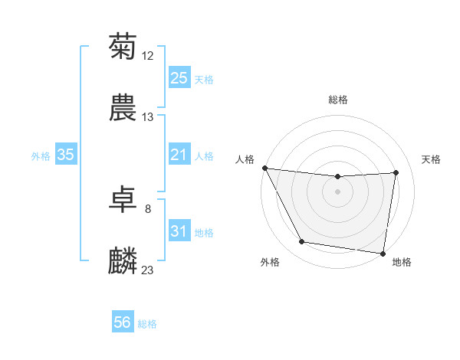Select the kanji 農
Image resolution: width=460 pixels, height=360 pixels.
click(x=123, y=109)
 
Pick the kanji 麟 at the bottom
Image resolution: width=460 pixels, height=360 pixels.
click(x=123, y=261)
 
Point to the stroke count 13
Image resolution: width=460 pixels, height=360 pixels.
click(x=148, y=117)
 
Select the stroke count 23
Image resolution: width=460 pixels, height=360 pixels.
click(x=148, y=270)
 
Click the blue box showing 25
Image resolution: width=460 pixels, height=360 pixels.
click(x=179, y=78)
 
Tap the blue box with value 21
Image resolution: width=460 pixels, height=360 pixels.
click(x=179, y=155)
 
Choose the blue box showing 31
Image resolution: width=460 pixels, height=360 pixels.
click(x=179, y=231)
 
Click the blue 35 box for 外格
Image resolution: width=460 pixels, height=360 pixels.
click(x=65, y=155)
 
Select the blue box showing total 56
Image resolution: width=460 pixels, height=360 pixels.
click(x=122, y=323)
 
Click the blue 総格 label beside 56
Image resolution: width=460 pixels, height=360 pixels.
click(x=147, y=324)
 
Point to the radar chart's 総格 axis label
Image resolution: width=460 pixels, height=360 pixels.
click(x=338, y=100)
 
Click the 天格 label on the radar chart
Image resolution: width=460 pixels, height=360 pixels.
click(x=432, y=159)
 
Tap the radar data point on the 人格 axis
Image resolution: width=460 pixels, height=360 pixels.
click(x=264, y=168)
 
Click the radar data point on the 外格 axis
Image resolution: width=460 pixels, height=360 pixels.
click(x=301, y=243)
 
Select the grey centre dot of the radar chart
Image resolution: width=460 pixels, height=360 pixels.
click(x=338, y=191)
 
